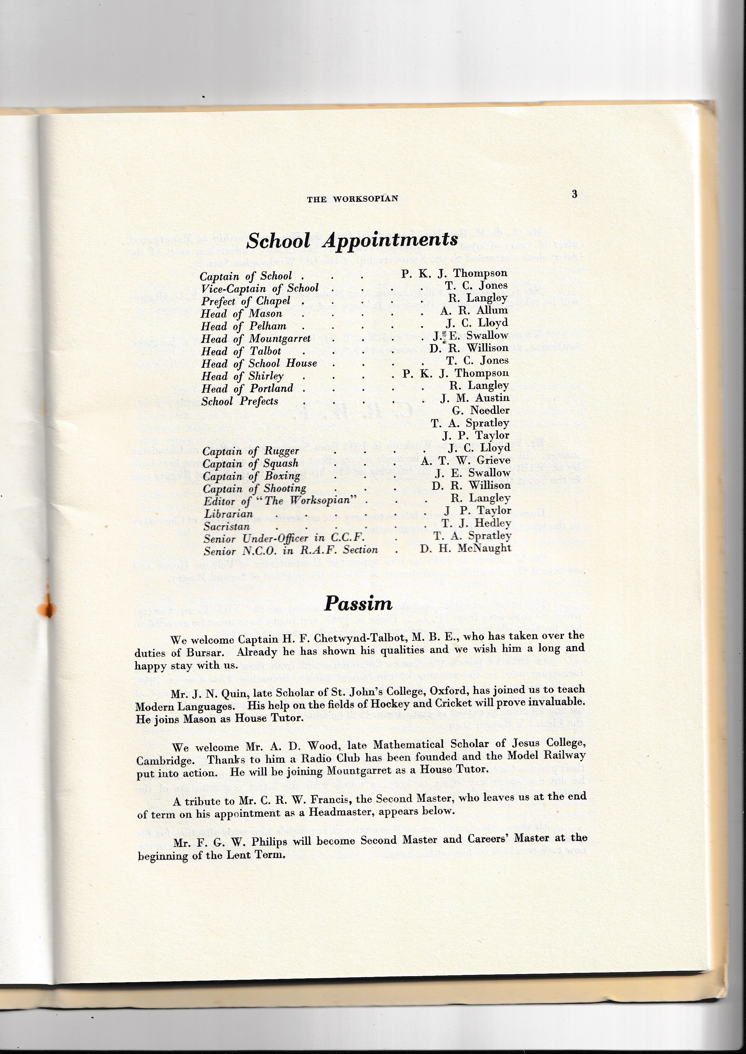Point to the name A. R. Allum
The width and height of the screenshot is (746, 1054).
click(474, 310)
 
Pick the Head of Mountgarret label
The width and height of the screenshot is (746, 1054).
click(256, 339)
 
